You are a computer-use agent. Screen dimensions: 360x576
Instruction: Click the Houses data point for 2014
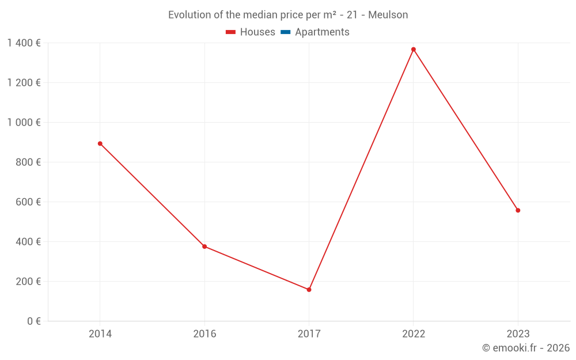point(100,143)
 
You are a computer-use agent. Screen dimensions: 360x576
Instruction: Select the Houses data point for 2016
point(204,247)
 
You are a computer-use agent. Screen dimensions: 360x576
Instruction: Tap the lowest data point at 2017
point(309,290)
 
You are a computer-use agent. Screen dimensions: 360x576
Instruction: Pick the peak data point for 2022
point(414,50)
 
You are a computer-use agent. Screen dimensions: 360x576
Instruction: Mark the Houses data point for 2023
point(518,210)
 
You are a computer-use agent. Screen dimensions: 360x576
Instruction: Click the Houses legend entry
point(251,32)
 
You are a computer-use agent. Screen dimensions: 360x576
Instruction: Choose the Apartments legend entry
point(315,32)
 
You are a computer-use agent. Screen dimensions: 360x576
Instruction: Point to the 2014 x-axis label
point(100,334)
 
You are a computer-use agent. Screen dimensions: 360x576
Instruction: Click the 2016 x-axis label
point(204,334)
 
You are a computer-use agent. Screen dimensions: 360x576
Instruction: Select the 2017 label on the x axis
point(309,334)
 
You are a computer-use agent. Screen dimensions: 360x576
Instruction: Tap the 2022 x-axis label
point(414,334)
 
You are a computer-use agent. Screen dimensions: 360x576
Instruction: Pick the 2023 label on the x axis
point(518,334)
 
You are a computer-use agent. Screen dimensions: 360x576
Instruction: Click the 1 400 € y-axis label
point(24,43)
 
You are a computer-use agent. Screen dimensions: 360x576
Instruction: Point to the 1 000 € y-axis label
point(24,123)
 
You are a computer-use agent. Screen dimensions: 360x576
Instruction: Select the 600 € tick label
point(28,202)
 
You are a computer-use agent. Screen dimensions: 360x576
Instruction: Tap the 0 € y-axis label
point(33,321)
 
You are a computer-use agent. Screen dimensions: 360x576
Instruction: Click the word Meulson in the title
point(388,15)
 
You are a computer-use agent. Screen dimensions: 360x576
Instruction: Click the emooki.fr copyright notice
point(526,348)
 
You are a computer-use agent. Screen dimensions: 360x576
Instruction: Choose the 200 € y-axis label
point(28,282)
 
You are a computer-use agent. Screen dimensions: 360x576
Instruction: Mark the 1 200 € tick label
point(24,83)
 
